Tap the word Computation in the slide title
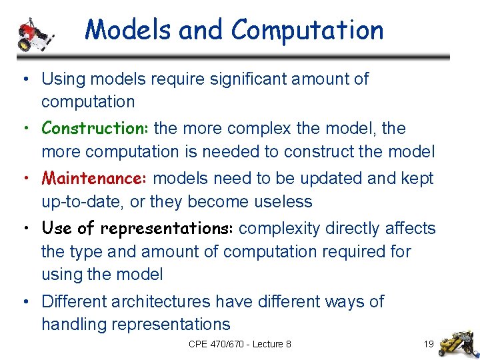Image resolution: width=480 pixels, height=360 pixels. point(307,31)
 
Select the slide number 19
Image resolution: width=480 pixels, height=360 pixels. point(428,344)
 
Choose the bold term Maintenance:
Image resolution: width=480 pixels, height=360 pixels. point(97,179)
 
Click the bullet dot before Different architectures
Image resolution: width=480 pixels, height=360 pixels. point(25,302)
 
